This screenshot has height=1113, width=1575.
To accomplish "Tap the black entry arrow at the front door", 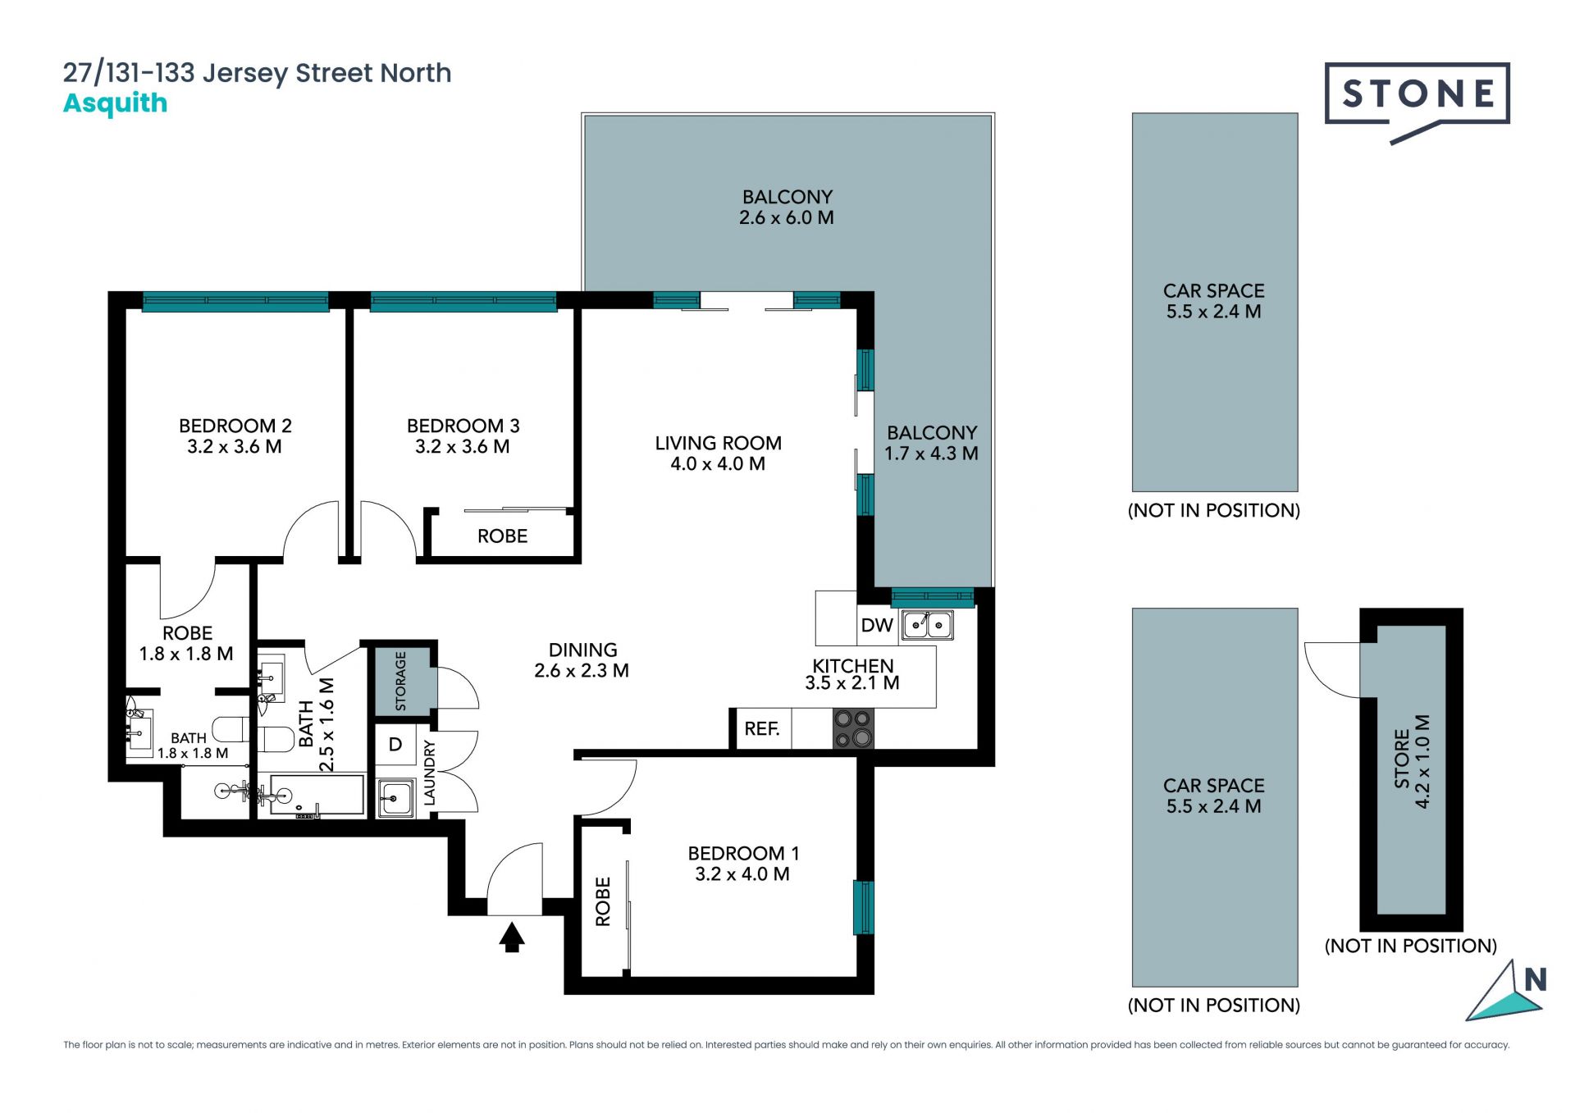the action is pyautogui.click(x=512, y=937).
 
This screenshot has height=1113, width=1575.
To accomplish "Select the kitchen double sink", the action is pyautogui.click(x=927, y=625).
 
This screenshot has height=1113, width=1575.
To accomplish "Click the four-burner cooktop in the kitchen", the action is pyautogui.click(x=853, y=729).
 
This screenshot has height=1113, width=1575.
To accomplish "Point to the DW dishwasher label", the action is pyautogui.click(x=877, y=625).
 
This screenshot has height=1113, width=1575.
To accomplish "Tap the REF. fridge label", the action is pyautogui.click(x=762, y=728).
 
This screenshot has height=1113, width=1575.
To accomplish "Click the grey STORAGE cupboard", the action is pyautogui.click(x=403, y=681).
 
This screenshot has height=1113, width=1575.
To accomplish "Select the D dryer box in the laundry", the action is pyautogui.click(x=395, y=745).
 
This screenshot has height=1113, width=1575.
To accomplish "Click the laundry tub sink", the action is pyautogui.click(x=395, y=797).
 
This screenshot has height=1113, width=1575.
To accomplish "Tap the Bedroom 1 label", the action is pyautogui.click(x=743, y=853).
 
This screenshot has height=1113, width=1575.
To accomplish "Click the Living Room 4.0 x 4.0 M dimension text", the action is pyautogui.click(x=718, y=463).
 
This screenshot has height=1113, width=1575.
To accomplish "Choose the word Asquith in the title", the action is pyautogui.click(x=116, y=104).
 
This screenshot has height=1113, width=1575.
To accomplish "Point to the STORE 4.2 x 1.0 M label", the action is pyautogui.click(x=1412, y=761).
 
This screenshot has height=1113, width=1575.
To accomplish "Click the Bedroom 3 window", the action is pyautogui.click(x=463, y=301).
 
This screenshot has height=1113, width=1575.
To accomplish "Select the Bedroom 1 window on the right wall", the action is pyautogui.click(x=863, y=907).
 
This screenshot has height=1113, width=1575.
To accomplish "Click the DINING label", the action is pyautogui.click(x=582, y=650).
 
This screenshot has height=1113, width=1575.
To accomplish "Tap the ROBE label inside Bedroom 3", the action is pyautogui.click(x=502, y=536).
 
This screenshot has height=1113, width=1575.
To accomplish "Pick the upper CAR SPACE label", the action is pyautogui.click(x=1214, y=290).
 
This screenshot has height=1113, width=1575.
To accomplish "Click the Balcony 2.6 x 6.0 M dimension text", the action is pyautogui.click(x=787, y=217).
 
